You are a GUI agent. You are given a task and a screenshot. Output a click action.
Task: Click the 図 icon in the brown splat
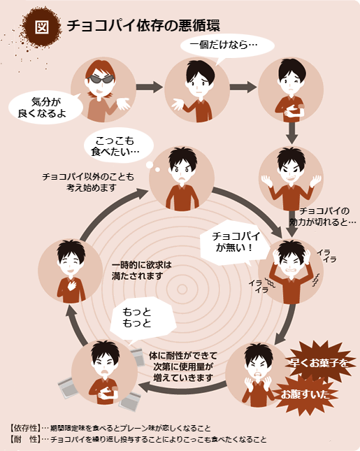tap(42, 27)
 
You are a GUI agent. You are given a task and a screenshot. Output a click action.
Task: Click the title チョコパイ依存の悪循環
tap(143, 26)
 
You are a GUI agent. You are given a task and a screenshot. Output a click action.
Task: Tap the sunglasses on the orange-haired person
tap(101, 79)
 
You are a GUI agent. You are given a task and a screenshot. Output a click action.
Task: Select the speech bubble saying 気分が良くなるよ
tap(43, 107)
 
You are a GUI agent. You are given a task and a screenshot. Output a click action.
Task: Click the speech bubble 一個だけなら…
tap(227, 46)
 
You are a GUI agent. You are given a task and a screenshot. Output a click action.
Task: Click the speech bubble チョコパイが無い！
tap(234, 242)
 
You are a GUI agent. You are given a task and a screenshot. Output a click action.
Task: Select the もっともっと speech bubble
tap(143, 318)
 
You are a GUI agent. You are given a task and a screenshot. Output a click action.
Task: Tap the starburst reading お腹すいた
tap(305, 394)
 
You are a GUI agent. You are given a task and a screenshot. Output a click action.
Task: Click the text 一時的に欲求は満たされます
tap(141, 271)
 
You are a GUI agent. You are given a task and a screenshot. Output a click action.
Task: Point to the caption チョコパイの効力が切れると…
tap(323, 217)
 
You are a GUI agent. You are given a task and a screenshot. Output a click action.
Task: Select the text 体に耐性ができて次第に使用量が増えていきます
tap(183, 366)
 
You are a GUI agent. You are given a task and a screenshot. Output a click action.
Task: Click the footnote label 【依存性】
tap(24, 428)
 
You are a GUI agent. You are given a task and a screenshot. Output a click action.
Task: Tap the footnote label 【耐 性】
tap(24, 439)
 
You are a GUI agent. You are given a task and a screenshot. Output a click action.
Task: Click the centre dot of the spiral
tap(182, 289)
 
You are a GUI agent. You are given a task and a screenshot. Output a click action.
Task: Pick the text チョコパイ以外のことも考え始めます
tap(88, 182)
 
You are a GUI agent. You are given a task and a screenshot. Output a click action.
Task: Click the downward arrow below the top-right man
tap(291, 133)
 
